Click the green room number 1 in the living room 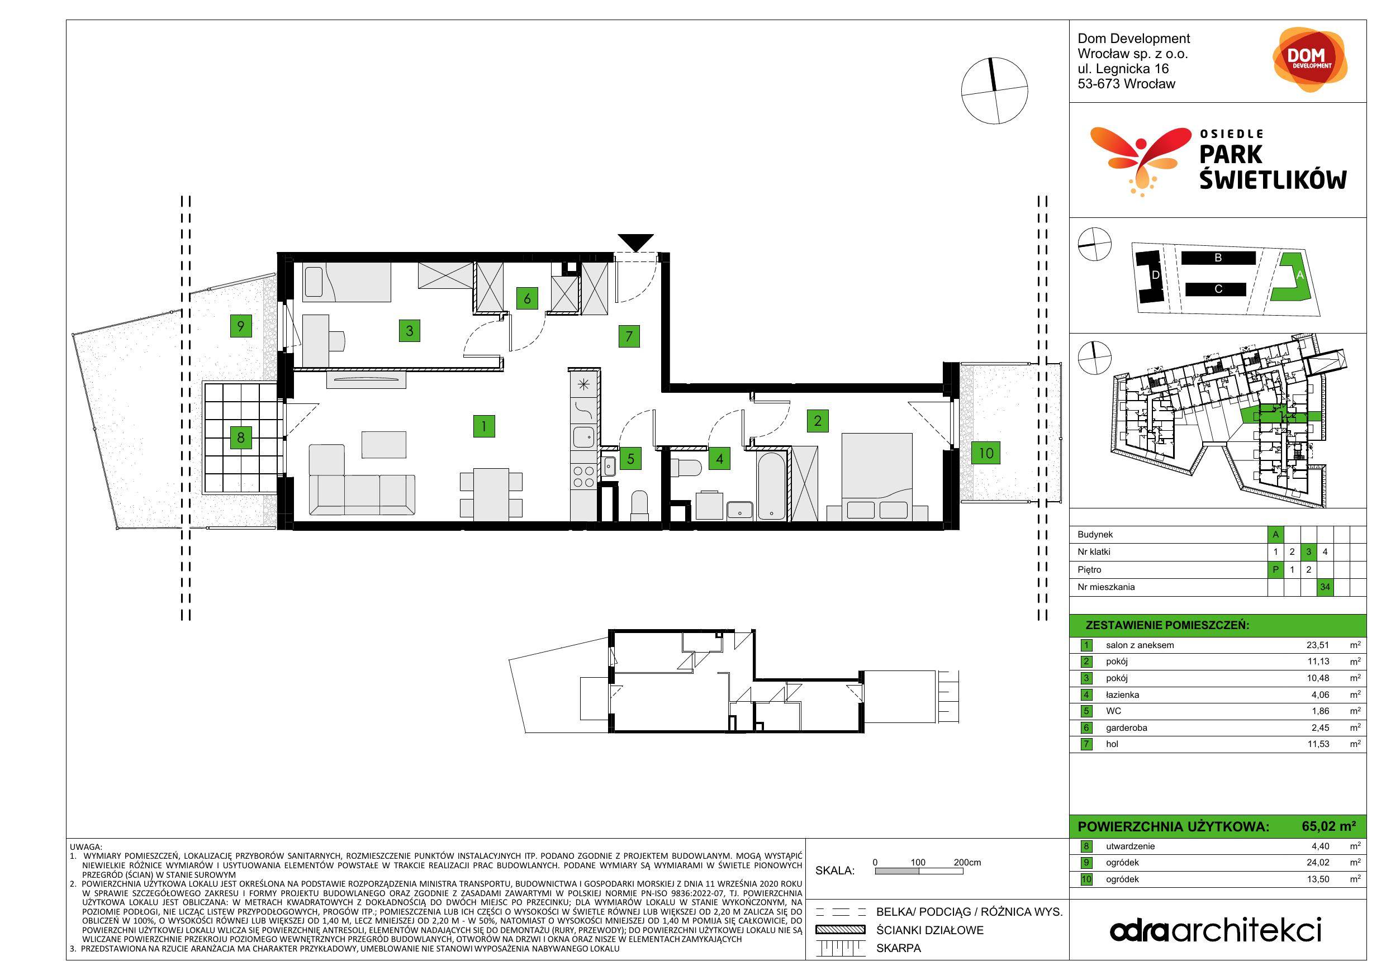coord(483,426)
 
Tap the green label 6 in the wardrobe coord(527,298)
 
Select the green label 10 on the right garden coord(986,453)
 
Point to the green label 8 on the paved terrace coord(241,437)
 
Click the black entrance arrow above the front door coord(635,241)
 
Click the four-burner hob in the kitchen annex coord(583,476)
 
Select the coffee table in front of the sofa coord(384,444)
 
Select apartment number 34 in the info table coord(1325,587)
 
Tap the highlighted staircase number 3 coord(1309,551)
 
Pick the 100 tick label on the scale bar coord(918,862)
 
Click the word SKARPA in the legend coord(899,948)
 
